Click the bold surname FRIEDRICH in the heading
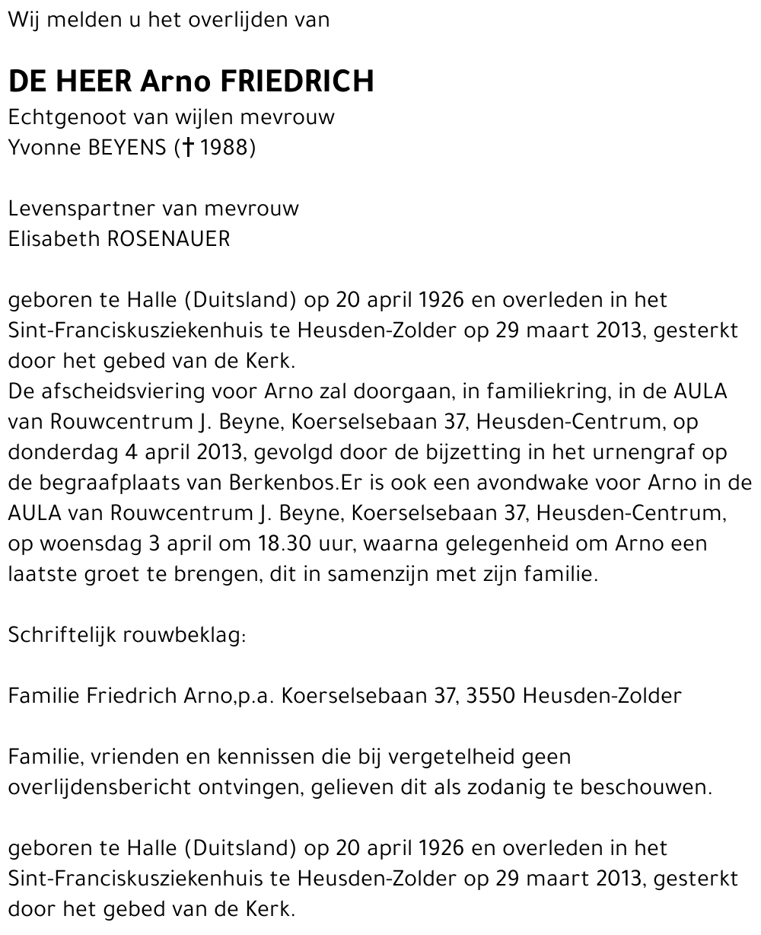[297, 81]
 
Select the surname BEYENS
[126, 147]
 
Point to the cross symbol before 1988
[186, 147]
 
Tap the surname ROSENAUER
[169, 239]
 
